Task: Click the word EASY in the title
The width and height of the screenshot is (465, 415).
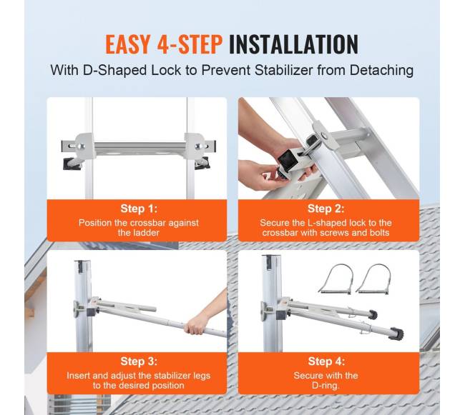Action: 128,44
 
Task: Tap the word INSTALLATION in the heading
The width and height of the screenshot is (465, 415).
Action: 293,44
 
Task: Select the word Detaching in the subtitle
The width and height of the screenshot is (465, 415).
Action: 382,71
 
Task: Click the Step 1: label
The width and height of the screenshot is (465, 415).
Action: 139,209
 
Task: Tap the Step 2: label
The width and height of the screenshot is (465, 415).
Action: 326,209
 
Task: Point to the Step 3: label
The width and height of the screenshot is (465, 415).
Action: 139,361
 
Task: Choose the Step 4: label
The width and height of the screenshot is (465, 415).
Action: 326,361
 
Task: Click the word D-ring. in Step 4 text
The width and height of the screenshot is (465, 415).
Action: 325,386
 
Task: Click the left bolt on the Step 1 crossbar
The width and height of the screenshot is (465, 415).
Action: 81,146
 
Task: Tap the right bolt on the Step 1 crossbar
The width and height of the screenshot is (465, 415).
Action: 198,146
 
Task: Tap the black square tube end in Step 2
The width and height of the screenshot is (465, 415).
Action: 288,161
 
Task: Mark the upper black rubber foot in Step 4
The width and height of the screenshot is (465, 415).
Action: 373,315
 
